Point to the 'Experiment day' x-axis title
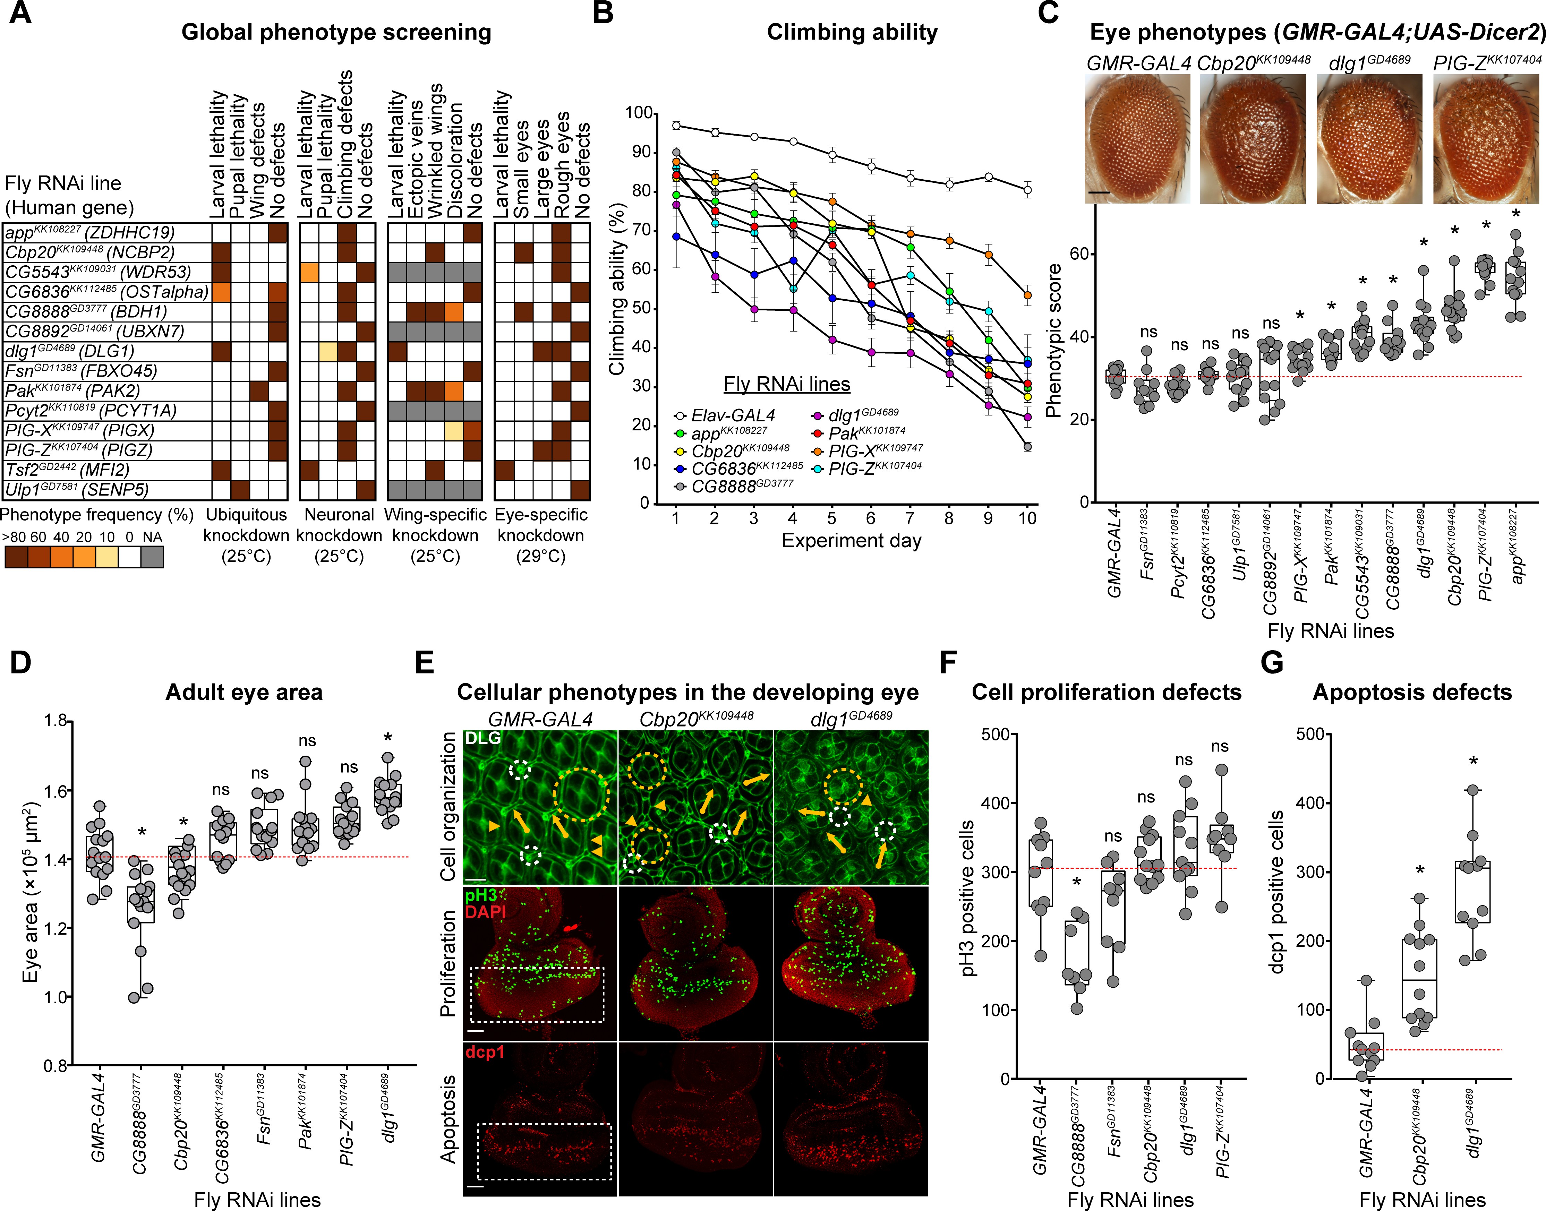851,541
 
